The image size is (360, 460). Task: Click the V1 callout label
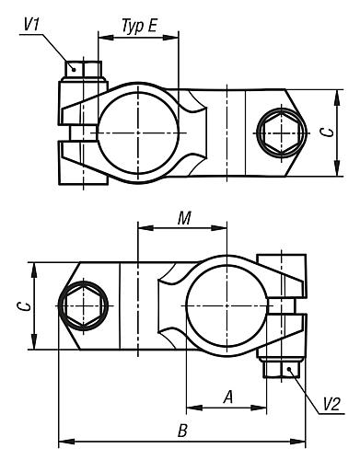pos(31,25)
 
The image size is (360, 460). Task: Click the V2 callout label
pos(331,404)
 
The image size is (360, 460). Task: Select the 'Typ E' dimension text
pos(140,27)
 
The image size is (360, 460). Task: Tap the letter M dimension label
pos(184,219)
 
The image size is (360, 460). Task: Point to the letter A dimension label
pos(228,397)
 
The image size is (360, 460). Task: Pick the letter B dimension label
pos(182,431)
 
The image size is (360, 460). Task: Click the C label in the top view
pos(327,132)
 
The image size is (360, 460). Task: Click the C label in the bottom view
pos(23,306)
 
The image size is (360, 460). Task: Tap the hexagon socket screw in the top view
pos(282,132)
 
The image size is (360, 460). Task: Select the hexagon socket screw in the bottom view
pos(83,305)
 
